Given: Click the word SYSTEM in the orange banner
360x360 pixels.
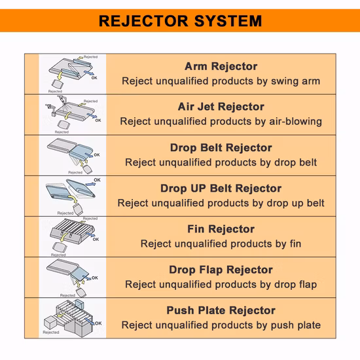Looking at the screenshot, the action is click(228, 21).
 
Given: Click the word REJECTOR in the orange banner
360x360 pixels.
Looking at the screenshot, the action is click(143, 21).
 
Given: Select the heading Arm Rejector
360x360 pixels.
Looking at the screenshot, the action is click(221, 66).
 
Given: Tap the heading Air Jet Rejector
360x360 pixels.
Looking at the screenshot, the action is click(221, 107).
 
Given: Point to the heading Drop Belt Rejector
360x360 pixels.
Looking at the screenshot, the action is click(221, 148).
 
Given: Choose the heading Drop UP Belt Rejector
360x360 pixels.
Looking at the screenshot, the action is click(221, 189).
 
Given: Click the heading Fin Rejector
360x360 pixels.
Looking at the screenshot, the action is click(221, 229).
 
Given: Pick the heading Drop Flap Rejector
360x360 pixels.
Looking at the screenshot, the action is click(221, 270).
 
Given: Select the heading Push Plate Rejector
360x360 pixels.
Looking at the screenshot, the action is click(221, 310).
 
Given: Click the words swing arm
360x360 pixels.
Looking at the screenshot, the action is click(295, 81).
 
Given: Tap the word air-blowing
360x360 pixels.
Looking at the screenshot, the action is click(295, 122).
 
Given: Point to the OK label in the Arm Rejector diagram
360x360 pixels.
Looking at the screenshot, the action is click(94, 78).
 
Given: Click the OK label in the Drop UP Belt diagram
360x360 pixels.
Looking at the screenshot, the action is click(97, 180).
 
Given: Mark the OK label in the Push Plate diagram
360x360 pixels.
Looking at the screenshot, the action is click(98, 323).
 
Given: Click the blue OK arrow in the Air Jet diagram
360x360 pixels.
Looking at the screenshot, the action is click(92, 116).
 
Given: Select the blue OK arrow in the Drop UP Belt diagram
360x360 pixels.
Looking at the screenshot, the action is click(90, 184).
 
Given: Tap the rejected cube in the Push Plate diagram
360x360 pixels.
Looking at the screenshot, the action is click(50, 322).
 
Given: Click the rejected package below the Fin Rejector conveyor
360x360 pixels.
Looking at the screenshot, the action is click(60, 247).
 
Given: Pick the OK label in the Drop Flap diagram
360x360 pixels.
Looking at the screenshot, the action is click(95, 278).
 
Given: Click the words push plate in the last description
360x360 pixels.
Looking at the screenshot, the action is click(296, 325).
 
